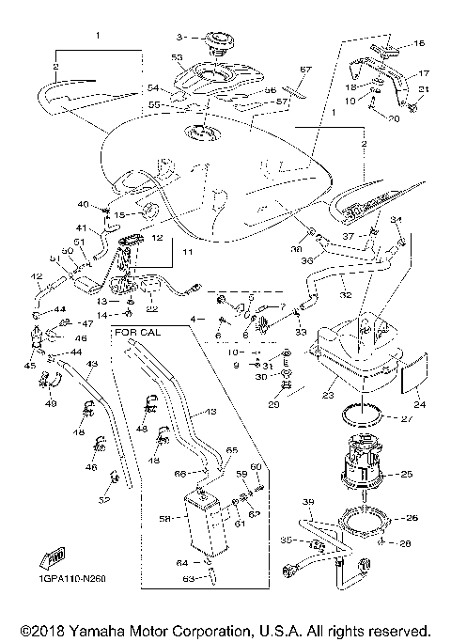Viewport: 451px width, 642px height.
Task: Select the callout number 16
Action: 419,43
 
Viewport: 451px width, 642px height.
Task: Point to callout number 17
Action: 423,72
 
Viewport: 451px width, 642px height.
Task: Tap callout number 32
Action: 347,293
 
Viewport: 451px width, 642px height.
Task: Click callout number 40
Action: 83,204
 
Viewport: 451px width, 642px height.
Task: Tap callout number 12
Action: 158,239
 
